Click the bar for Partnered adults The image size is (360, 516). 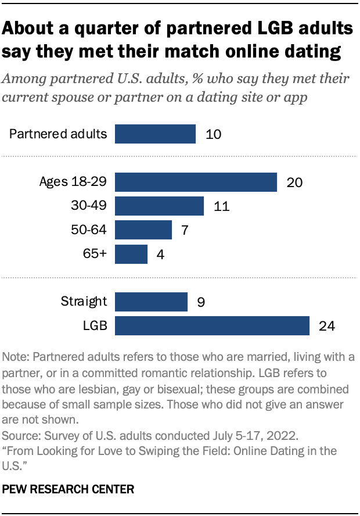[x=155, y=134]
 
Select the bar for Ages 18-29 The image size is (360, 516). [x=196, y=182]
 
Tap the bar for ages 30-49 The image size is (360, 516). [x=159, y=206]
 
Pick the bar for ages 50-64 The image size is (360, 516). [x=143, y=230]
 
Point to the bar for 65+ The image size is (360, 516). [x=131, y=254]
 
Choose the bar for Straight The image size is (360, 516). [x=151, y=302]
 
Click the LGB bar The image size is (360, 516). [x=212, y=325]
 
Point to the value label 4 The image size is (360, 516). [x=160, y=254]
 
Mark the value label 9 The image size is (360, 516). [x=200, y=302]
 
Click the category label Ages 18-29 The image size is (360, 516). [x=73, y=182]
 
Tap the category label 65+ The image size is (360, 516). [x=96, y=254]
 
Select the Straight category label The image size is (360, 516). [x=84, y=302]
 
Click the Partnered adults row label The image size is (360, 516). [x=59, y=134]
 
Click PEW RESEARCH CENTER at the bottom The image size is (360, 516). [x=69, y=489]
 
